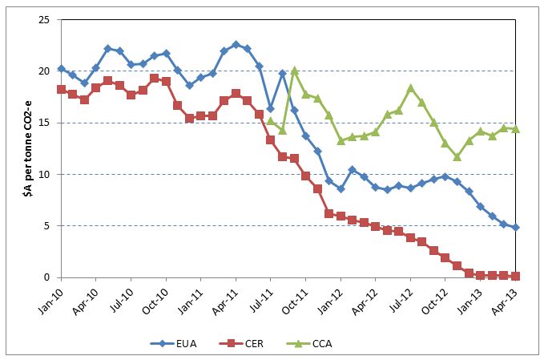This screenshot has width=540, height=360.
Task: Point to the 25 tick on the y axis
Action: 43,19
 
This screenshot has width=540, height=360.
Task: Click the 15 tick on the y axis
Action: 43,123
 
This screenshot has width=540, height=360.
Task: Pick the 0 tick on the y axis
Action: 46,277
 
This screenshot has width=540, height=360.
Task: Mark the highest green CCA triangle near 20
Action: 294,71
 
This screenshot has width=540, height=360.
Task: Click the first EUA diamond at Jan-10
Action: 61,69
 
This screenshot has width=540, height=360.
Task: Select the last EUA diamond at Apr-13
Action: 515,227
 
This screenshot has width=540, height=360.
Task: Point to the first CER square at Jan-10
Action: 61,89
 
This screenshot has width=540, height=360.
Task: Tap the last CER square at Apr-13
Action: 515,276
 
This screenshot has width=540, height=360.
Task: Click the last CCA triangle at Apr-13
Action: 515,129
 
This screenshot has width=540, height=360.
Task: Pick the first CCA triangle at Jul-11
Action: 271,121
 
